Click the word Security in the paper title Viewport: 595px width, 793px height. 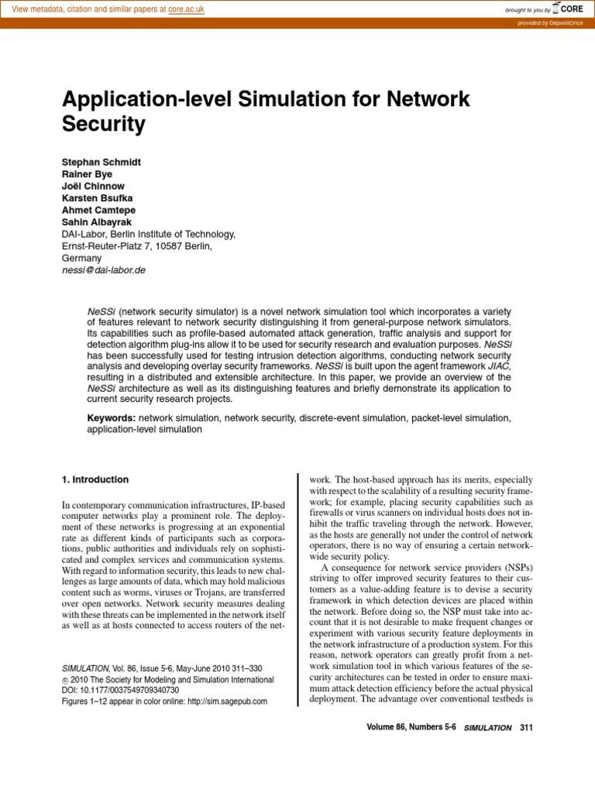tap(103, 123)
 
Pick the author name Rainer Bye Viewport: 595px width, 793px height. tap(87, 174)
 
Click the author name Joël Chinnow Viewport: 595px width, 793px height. tap(92, 187)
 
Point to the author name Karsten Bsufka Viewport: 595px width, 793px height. tap(98, 198)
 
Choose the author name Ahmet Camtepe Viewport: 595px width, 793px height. tap(99, 211)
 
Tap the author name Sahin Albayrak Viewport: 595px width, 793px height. tap(96, 222)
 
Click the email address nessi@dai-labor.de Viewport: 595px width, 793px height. tap(103, 270)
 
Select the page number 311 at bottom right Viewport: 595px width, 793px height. tap(527, 728)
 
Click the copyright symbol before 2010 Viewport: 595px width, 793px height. tap(65, 680)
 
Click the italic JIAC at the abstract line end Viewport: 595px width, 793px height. tap(499, 365)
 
